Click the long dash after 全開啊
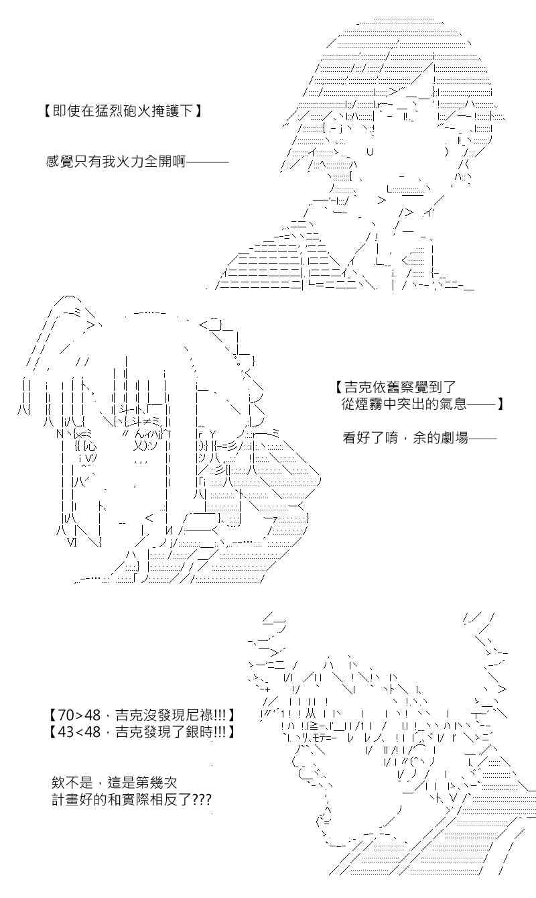tap(208, 162)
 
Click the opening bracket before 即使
tap(48, 111)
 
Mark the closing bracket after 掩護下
tap(198, 111)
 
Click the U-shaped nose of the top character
tap(370, 152)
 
